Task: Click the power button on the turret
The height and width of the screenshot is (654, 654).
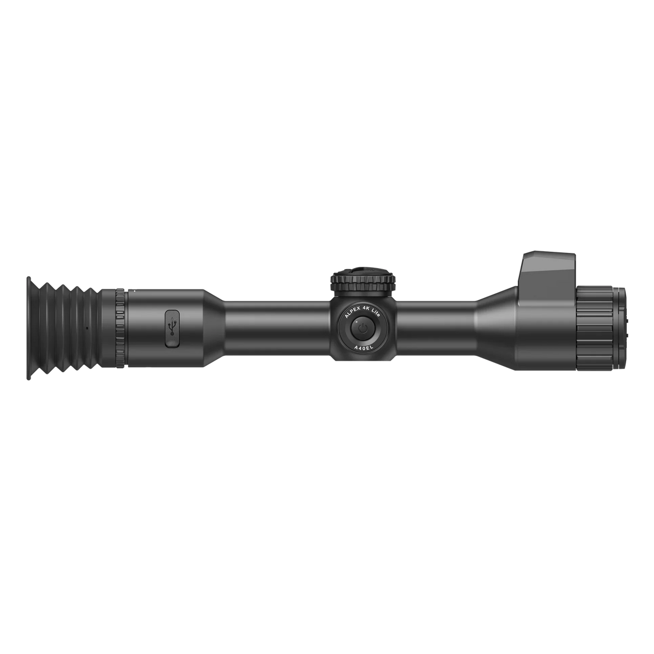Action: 361,329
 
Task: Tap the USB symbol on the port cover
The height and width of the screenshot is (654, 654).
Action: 172,328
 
